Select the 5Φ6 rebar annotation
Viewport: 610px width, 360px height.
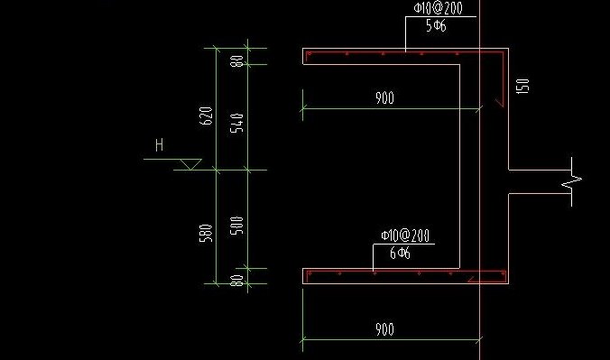437,26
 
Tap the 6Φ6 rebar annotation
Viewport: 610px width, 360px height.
400,254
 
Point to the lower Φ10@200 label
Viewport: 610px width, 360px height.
404,235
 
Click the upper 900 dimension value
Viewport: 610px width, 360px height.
384,99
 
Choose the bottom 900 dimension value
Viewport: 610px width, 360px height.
384,330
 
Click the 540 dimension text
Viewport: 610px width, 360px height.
238,122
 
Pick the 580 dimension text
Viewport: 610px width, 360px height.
206,232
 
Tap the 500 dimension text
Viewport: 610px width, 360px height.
238,225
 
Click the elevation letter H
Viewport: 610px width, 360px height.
160,144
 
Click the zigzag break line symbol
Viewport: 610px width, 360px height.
571,180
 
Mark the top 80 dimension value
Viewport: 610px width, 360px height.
238,62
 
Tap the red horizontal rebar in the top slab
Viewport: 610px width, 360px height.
397,54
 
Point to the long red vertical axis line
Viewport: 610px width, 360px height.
480,180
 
